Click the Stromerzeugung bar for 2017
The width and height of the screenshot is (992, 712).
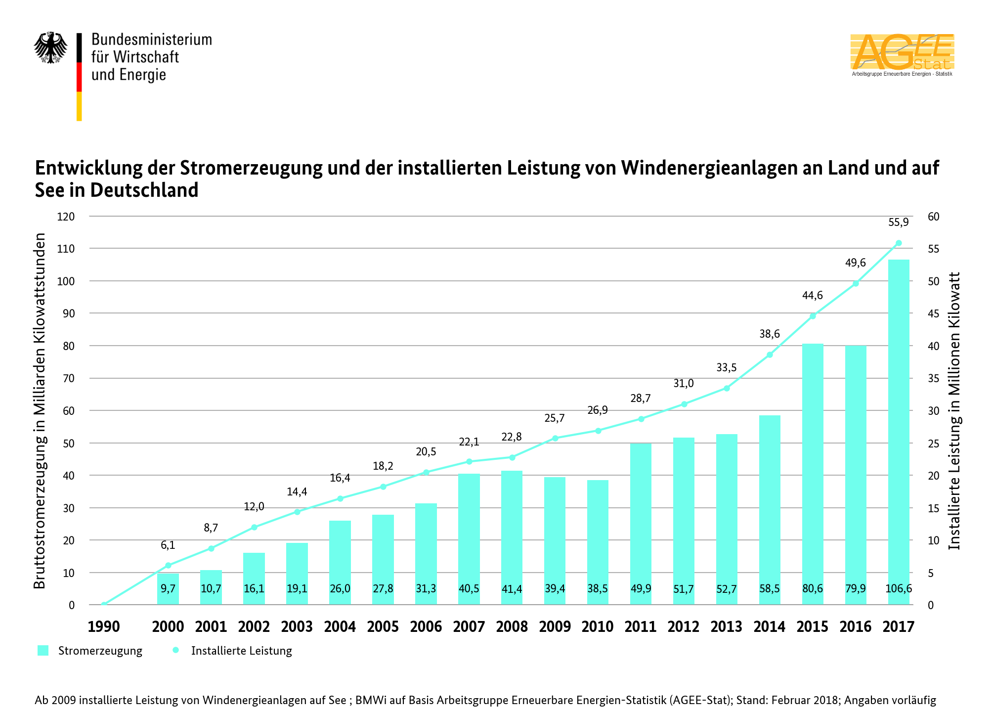[898, 420]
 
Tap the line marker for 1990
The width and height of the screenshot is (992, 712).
[104, 604]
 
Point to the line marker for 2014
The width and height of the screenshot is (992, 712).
[770, 355]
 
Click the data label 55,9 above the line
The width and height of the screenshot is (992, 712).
[898, 222]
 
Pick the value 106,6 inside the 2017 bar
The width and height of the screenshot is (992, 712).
[898, 588]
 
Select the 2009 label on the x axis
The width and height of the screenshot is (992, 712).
[555, 626]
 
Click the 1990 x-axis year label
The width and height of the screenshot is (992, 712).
[104, 626]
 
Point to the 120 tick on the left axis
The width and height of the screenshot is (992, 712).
[66, 217]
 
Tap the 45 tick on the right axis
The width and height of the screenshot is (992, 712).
[933, 313]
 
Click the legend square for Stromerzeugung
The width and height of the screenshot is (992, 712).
[43, 650]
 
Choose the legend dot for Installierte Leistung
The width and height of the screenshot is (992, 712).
[175, 650]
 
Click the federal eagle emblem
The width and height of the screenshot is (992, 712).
[50, 48]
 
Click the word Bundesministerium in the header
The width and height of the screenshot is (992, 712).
[151, 40]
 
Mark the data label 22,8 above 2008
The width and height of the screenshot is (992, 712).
[512, 437]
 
